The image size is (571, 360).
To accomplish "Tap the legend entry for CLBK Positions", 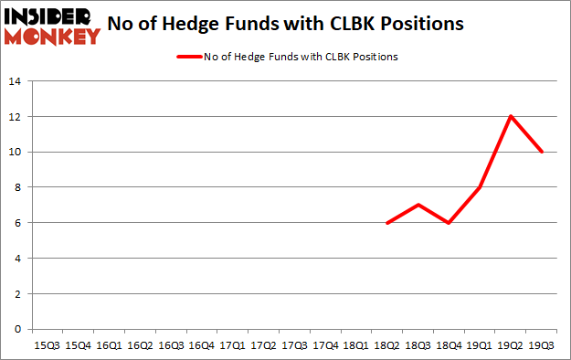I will [x=286, y=57].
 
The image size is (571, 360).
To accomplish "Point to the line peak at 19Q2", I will [x=511, y=116].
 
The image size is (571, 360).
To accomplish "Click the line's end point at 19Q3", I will [x=542, y=152].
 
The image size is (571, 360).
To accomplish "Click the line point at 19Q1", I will [x=479, y=187].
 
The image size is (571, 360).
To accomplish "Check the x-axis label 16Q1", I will [x=110, y=345].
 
